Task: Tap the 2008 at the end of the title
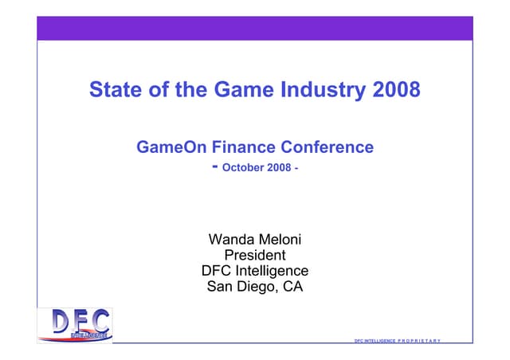pos(396,89)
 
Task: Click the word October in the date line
pos(244,168)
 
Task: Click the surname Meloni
pos(280,240)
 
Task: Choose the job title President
pos(255,256)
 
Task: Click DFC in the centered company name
pos(218,272)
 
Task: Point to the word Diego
pos(257,288)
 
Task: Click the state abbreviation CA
pos(292,288)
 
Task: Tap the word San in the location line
pos(220,288)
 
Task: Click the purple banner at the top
pos(255,28)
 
